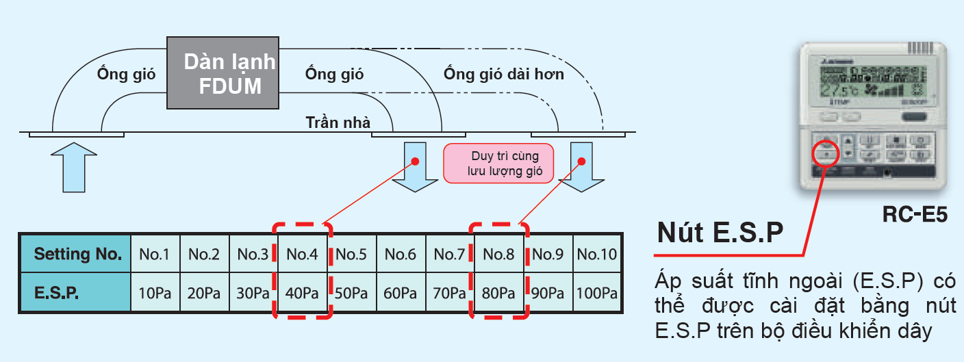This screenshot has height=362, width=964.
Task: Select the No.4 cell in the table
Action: click(x=302, y=255)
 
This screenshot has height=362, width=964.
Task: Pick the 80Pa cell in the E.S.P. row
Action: click(x=498, y=293)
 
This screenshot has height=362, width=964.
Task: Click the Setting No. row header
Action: click(x=77, y=255)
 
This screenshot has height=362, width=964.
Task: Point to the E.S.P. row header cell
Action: click(x=77, y=293)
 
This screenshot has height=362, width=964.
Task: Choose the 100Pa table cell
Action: click(x=597, y=293)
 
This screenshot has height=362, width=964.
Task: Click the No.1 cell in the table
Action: click(x=155, y=255)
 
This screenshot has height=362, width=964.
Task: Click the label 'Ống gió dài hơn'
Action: click(x=503, y=73)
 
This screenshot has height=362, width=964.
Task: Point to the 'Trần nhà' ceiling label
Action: click(x=338, y=122)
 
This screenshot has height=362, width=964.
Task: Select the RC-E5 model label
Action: click(x=913, y=214)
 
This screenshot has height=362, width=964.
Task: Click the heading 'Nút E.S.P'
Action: click(x=720, y=233)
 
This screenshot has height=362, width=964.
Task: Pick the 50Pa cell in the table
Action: click(x=351, y=293)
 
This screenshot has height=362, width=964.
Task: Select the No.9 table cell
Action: click(x=548, y=255)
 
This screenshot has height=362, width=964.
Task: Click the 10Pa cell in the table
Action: click(x=155, y=293)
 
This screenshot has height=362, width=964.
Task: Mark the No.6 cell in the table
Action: click(x=401, y=255)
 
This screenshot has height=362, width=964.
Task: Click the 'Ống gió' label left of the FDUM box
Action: click(x=126, y=74)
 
